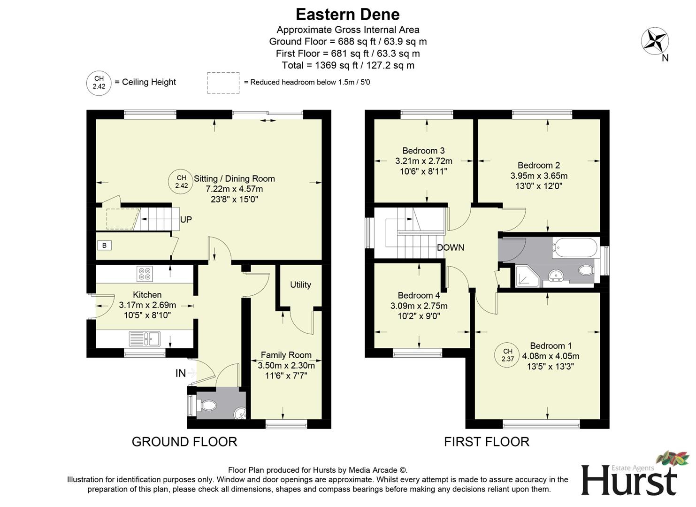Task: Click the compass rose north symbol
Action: (655, 41)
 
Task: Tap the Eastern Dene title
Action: (347, 14)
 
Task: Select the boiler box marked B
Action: (104, 245)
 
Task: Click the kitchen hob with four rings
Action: (145, 274)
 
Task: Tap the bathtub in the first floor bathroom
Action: (575, 247)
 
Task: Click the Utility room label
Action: (300, 284)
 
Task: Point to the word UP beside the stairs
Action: (186, 219)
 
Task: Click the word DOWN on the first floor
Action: (450, 247)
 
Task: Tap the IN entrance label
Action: (181, 373)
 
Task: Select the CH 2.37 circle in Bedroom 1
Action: (508, 355)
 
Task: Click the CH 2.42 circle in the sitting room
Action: (182, 182)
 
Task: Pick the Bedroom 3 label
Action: (423, 151)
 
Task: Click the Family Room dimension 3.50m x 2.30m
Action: (286, 365)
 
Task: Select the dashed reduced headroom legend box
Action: (223, 83)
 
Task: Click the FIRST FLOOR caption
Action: (487, 442)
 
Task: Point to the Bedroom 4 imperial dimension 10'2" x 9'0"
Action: (419, 316)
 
